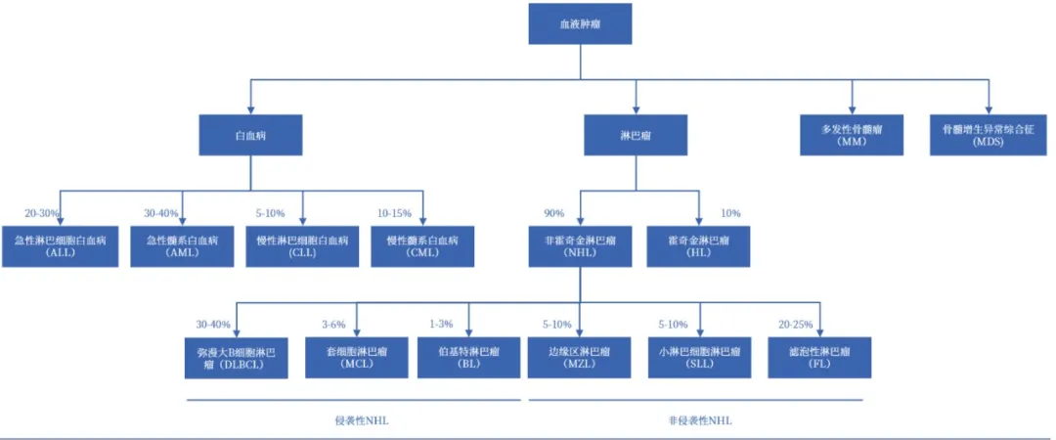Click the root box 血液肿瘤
tap(580, 23)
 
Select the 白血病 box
tap(250, 134)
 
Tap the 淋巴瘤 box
tap(636, 134)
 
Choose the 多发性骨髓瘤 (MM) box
tap(851, 134)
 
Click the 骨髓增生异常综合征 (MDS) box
tap(980, 134)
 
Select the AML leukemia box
tap(183, 245)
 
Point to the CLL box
tap(302, 245)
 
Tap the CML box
tap(422, 245)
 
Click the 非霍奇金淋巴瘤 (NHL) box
tap(581, 245)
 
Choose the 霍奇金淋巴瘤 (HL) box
tap(699, 245)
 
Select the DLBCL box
tap(238, 357)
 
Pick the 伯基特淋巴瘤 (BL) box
tap(468, 357)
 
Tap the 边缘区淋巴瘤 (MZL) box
tap(581, 357)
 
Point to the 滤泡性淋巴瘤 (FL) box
tap(819, 357)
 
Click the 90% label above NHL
tap(553, 213)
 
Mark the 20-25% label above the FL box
tap(794, 324)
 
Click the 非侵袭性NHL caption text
tap(699, 420)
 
